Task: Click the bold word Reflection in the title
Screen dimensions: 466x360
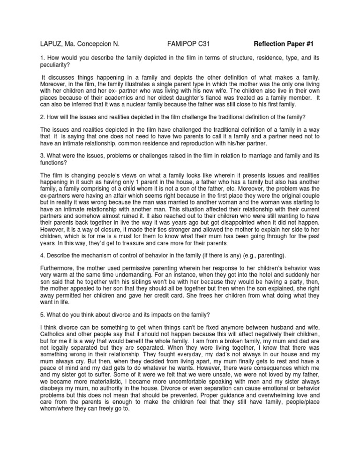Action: click(x=271, y=45)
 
